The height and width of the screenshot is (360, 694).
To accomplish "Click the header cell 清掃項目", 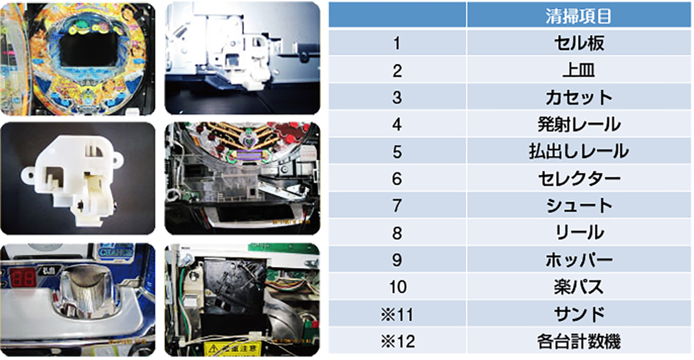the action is tap(579, 16).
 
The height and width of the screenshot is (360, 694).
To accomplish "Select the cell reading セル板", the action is tap(579, 43).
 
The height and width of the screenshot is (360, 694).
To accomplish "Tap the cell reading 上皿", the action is tap(579, 70).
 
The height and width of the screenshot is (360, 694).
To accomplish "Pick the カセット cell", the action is tap(579, 97).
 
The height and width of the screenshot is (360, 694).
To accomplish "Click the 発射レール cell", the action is tap(579, 124).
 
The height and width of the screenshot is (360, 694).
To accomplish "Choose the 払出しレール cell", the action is tap(579, 151).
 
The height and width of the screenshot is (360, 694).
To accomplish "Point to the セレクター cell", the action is tap(579, 179).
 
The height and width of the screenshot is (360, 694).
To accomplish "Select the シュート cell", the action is tap(579, 205).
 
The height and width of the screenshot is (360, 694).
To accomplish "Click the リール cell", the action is tap(579, 232).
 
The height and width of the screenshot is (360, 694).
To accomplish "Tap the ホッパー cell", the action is tap(579, 260).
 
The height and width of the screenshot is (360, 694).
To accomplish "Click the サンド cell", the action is tap(579, 314).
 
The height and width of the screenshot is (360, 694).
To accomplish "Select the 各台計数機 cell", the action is tap(579, 341).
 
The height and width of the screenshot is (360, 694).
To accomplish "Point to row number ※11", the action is tap(397, 315).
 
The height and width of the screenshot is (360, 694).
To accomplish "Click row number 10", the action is tap(397, 287).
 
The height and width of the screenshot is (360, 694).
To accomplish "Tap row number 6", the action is tap(397, 179).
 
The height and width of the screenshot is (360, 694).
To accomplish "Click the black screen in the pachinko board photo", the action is tap(89, 48).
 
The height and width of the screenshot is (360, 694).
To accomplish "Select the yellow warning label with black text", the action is tap(232, 349).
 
